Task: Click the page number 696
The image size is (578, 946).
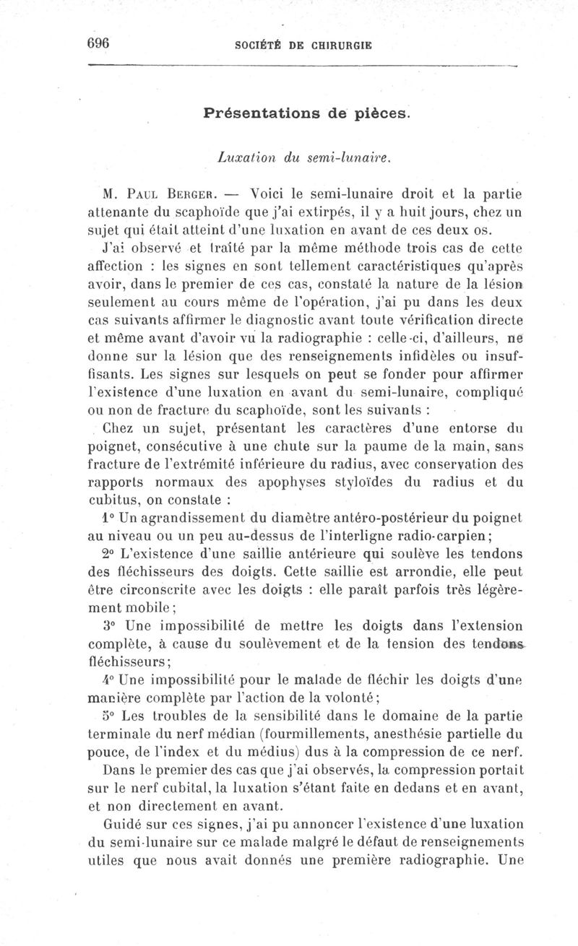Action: point(98,43)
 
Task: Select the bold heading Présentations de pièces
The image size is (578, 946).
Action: point(307,113)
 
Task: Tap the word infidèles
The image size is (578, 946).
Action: point(420,356)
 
